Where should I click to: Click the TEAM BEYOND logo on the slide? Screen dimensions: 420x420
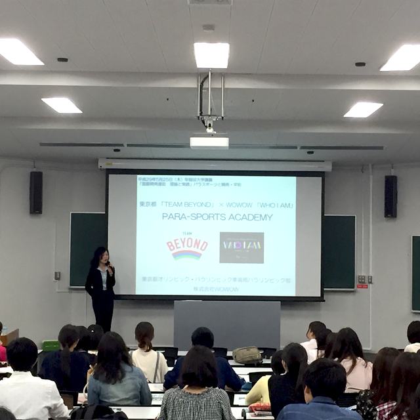click(187, 247)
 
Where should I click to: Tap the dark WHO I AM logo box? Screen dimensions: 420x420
click(241, 247)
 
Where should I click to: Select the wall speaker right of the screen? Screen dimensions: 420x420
click(390, 196)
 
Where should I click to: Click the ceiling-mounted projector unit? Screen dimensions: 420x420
click(209, 141)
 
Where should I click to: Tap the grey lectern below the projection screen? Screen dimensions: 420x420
click(226, 325)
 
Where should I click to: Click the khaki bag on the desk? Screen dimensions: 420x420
click(247, 355)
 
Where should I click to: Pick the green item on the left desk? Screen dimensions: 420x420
click(51, 345)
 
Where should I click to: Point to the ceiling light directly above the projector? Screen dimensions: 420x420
click(211, 54)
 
